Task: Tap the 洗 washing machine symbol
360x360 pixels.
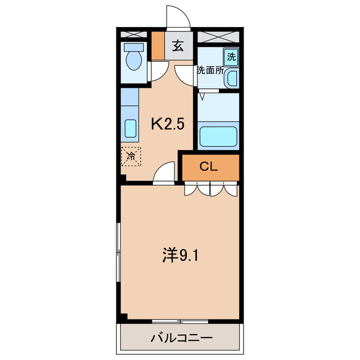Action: point(231,56)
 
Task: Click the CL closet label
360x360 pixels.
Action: point(209,166)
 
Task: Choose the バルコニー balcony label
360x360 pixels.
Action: point(181,339)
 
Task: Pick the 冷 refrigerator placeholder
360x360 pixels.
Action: point(130,156)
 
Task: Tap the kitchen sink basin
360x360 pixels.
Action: point(130,130)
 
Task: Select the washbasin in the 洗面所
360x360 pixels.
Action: point(232,79)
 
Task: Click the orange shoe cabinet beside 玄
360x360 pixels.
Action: point(159,46)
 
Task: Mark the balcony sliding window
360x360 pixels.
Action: point(180,322)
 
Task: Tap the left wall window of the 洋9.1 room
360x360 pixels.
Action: point(119,253)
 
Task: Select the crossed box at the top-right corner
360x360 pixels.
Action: point(218,37)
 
